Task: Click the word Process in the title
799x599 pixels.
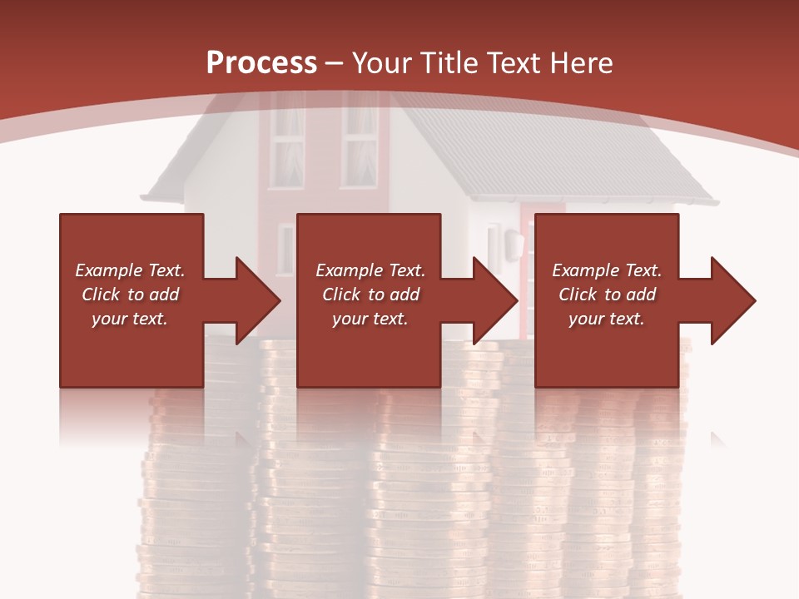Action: (x=261, y=62)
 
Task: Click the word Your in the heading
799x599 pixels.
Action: (x=382, y=62)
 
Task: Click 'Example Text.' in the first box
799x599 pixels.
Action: (x=130, y=270)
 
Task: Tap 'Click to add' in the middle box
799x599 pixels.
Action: (x=370, y=295)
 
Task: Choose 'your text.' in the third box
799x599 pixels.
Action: (x=606, y=319)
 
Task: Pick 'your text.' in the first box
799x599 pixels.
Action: (x=130, y=319)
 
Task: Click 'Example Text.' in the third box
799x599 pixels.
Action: (x=607, y=270)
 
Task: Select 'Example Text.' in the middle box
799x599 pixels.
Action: (x=370, y=270)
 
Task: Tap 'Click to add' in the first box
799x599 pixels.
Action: (x=130, y=295)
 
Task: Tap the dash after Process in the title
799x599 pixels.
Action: (x=335, y=63)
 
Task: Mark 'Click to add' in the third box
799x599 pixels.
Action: (x=607, y=295)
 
